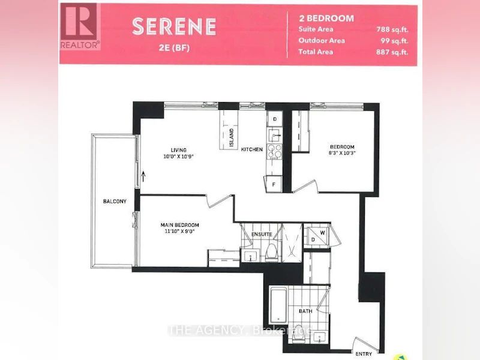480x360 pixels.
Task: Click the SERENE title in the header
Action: [x=174, y=26]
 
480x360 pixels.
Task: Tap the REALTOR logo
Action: [x=80, y=26]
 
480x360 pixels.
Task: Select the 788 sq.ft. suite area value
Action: [x=392, y=29]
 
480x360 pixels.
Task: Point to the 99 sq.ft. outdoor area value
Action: [x=395, y=41]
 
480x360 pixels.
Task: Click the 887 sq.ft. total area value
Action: [x=392, y=52]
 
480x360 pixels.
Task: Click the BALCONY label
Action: [x=115, y=201]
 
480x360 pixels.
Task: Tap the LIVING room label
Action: [x=179, y=150]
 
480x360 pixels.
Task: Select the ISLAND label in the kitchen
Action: [x=232, y=137]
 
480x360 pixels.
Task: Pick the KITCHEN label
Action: [x=251, y=149]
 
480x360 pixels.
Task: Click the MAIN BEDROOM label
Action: [x=179, y=225]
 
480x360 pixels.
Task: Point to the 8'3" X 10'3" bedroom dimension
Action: [x=342, y=153]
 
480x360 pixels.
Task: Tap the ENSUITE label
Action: [x=262, y=234]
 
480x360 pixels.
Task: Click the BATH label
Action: [x=305, y=311]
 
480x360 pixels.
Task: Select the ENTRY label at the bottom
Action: [x=364, y=354]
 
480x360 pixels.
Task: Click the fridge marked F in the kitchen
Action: [x=274, y=184]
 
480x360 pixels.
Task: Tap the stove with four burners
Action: [x=275, y=152]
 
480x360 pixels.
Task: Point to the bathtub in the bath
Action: [x=278, y=305]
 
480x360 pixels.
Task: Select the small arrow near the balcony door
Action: [x=143, y=176]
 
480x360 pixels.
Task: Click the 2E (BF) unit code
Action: [x=174, y=48]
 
